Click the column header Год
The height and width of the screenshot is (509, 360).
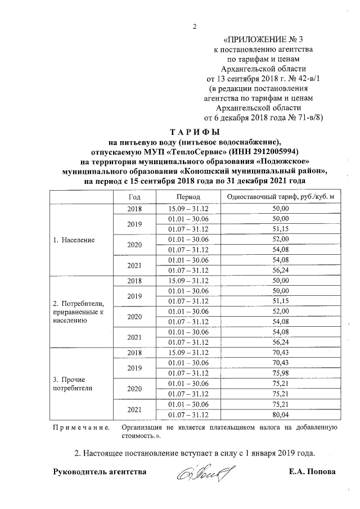pyautogui.click(x=134, y=197)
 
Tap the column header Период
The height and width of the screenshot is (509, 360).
pyautogui.click(x=184, y=197)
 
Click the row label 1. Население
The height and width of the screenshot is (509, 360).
pyautogui.click(x=74, y=240)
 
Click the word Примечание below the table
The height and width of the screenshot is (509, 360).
pyautogui.click(x=81, y=428)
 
